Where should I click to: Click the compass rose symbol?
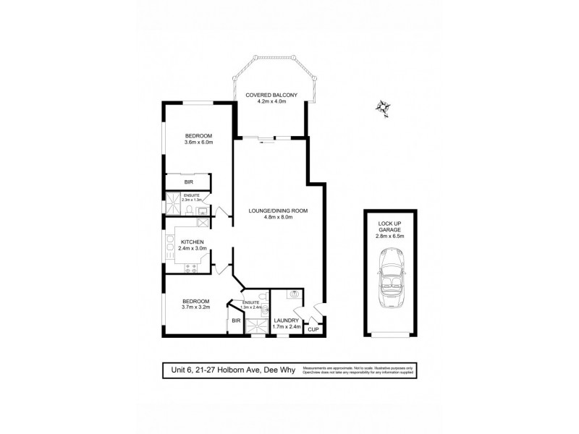(x=383, y=107)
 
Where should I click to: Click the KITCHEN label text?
(x=193, y=242)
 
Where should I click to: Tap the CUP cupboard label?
(x=313, y=330)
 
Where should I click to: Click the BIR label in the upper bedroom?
(x=188, y=183)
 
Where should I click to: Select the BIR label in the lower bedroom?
(x=236, y=320)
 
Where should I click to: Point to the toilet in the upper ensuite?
(x=188, y=211)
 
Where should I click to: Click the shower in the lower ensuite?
(x=254, y=329)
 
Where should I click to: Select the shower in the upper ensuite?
(x=174, y=205)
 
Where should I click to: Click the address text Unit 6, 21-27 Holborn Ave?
(x=210, y=370)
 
